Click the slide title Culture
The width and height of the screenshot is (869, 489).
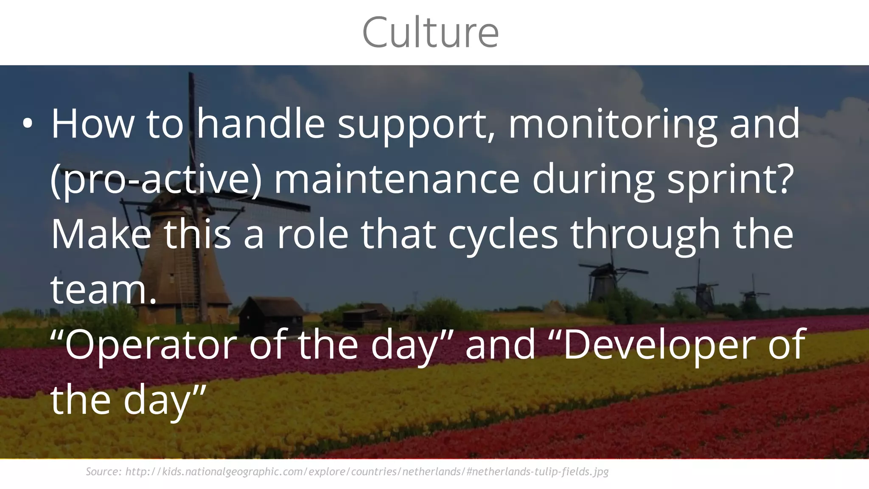(x=430, y=32)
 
